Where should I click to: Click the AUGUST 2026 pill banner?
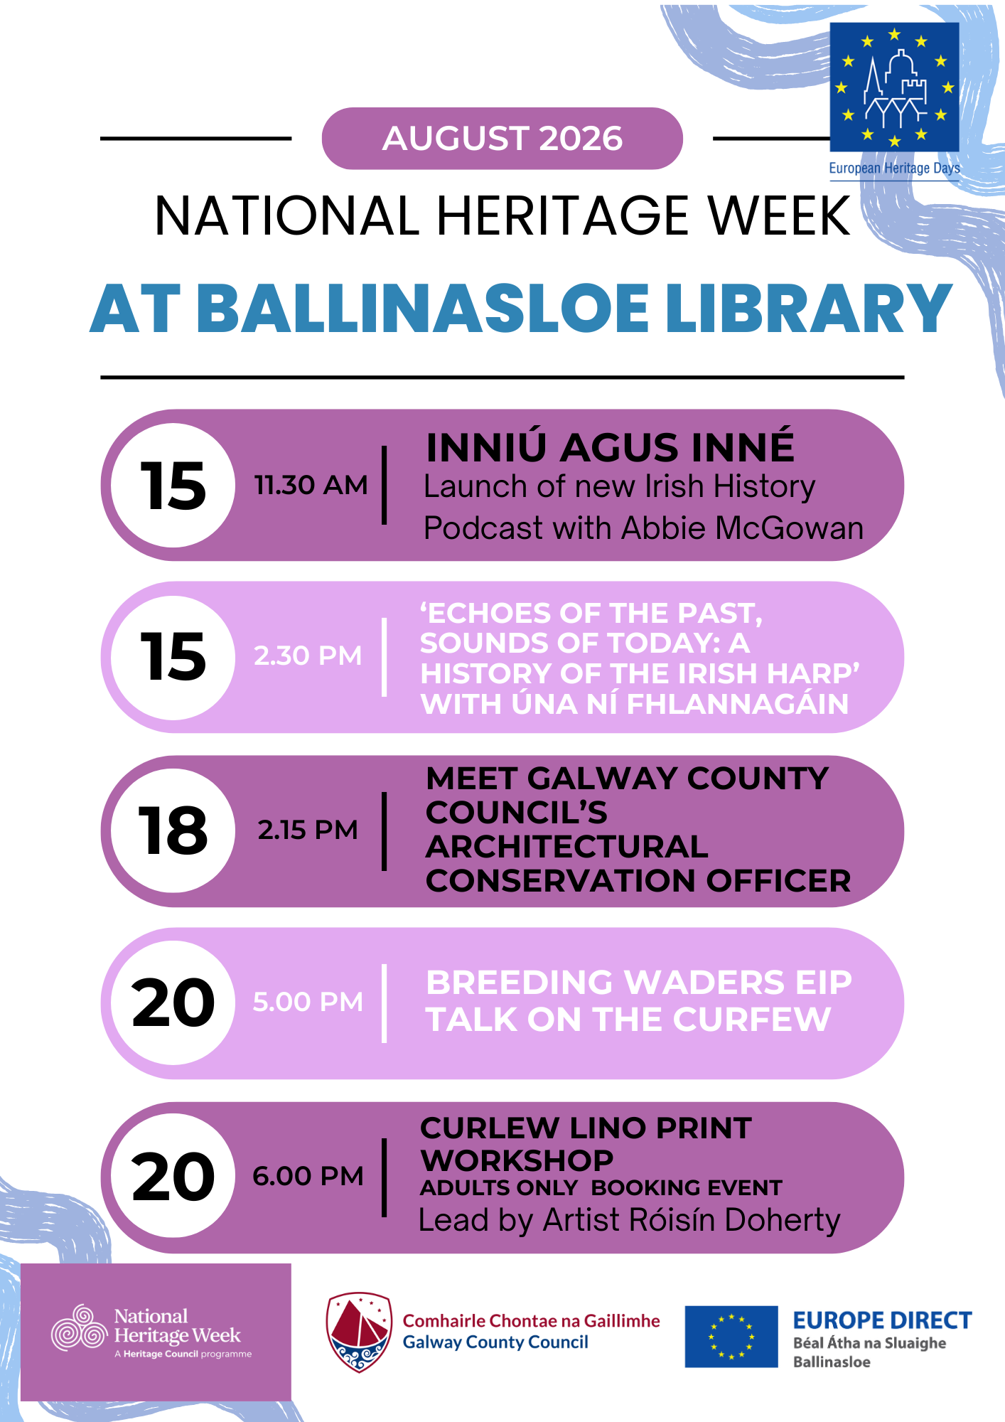click(502, 139)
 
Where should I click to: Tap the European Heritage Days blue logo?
click(894, 87)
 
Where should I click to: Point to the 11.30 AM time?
click(311, 485)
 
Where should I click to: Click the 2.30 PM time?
click(308, 656)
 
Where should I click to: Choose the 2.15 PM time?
click(308, 830)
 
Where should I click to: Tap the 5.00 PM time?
click(308, 1002)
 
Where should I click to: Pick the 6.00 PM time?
click(308, 1176)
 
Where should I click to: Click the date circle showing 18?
click(173, 830)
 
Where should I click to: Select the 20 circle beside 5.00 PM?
click(173, 1003)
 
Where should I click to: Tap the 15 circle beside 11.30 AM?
click(173, 485)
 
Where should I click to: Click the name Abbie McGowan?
click(743, 528)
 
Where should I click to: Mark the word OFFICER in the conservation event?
click(778, 881)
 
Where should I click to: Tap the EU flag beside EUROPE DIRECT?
click(731, 1337)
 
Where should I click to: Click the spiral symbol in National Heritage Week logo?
click(79, 1328)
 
